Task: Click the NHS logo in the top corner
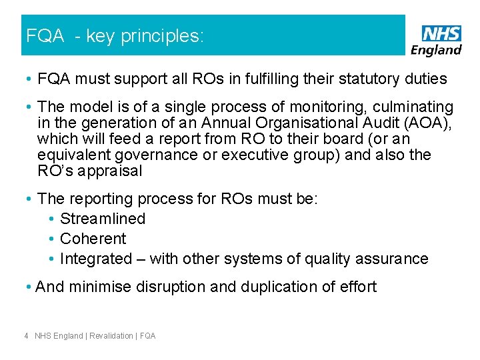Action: tap(441, 33)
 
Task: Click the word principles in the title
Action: tap(162, 36)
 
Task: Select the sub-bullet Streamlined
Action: tap(103, 219)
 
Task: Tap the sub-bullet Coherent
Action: tap(93, 239)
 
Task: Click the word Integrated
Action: tap(96, 259)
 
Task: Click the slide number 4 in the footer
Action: tap(26, 336)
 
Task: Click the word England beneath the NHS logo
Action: tap(437, 49)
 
